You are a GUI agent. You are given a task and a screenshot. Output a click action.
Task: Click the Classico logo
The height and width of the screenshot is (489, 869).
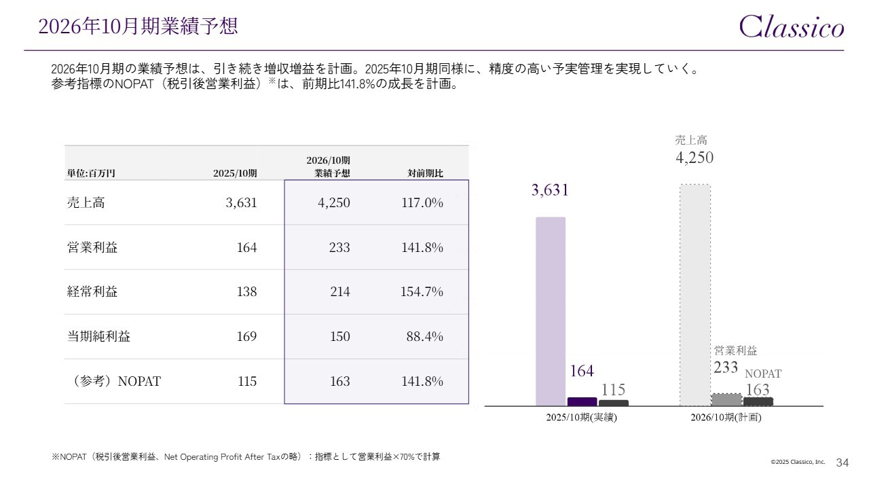[x=792, y=27]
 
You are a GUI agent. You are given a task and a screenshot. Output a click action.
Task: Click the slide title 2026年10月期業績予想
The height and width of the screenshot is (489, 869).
[x=138, y=26]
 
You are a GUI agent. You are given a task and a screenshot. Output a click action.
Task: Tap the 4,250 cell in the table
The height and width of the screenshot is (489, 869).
[x=333, y=202]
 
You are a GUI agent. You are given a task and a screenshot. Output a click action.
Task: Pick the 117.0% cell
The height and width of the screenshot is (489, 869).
[x=422, y=202]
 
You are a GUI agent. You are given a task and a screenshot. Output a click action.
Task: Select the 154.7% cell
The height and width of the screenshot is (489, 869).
[x=422, y=292]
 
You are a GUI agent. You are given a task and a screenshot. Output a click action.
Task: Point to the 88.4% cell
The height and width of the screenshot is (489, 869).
[x=425, y=337]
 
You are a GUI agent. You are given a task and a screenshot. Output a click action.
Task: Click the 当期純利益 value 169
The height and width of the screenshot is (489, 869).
[x=246, y=337]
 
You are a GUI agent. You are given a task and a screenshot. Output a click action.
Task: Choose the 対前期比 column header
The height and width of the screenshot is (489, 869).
[x=425, y=173]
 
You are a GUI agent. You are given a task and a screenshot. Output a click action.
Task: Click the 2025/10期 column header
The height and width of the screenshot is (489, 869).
[x=235, y=173]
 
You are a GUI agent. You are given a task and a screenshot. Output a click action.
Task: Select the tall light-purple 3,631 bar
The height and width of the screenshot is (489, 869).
[x=551, y=311]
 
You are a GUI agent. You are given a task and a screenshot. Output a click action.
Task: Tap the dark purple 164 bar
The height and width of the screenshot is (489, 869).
[x=582, y=401]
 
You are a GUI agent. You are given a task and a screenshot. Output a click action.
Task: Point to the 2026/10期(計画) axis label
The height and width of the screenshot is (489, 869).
[x=726, y=418]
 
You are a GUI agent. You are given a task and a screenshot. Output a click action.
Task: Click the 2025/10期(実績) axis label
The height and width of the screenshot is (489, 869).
[x=582, y=418]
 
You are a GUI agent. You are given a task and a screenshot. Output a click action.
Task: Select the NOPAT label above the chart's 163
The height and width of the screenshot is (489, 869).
[x=763, y=374]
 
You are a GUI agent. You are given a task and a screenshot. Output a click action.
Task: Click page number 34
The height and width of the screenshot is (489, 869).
[x=843, y=463]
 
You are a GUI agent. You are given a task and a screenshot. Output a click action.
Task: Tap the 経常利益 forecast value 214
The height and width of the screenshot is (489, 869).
[x=339, y=292]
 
